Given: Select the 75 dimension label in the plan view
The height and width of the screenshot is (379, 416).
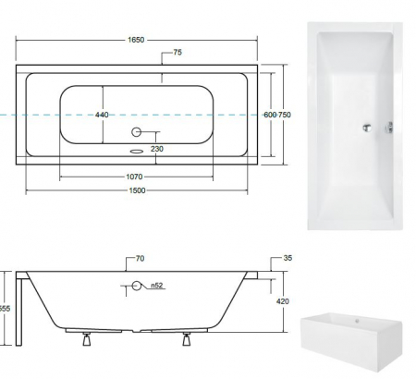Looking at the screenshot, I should point(177,53).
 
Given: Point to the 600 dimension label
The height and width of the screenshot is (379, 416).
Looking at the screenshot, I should point(270,115).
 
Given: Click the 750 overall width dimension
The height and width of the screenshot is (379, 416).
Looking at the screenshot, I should point(286,115).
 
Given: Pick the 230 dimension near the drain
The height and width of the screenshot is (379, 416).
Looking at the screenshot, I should point(157,149).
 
